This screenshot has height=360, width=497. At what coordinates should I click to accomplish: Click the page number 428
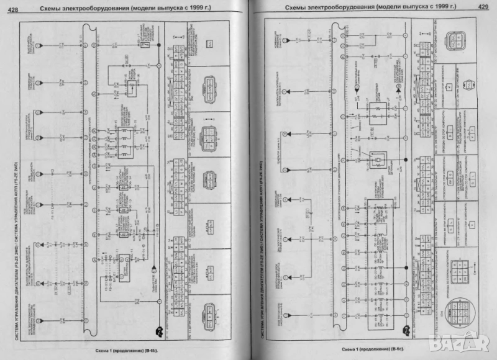coord(12,7)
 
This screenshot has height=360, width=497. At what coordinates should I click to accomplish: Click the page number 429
coord(482,7)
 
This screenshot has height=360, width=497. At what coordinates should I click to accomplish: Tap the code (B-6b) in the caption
coord(148,351)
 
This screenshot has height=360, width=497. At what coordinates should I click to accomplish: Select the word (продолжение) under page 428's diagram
coord(119,351)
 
